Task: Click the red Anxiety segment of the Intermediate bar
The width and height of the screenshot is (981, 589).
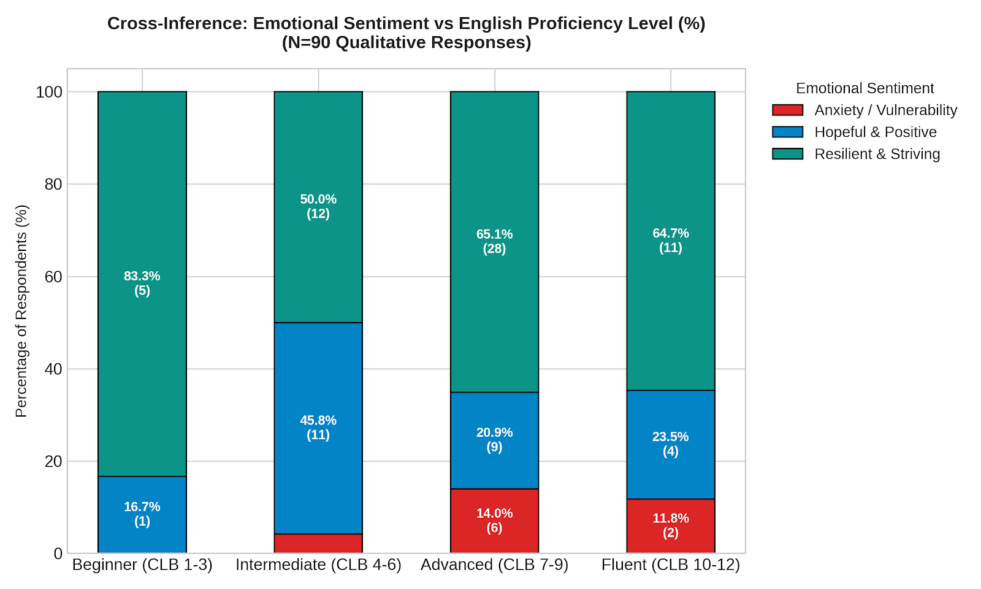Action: [318, 544]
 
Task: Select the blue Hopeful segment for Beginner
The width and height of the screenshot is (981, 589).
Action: [142, 515]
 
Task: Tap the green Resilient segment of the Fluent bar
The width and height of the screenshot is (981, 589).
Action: [671, 241]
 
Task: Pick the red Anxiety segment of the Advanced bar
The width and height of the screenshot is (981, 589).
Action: [494, 521]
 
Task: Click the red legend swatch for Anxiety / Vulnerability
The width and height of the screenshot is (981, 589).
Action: [787, 110]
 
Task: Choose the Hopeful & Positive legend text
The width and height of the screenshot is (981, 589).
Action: [876, 132]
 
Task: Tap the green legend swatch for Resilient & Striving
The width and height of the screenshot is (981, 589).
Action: [787, 154]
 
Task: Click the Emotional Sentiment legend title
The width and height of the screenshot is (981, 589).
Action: [865, 88]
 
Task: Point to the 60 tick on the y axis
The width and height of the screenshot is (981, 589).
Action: [53, 277]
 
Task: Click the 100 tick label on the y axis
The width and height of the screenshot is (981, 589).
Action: [49, 92]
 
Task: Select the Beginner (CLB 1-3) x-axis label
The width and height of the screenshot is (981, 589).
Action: [142, 565]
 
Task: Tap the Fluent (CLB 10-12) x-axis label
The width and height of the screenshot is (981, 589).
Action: [671, 565]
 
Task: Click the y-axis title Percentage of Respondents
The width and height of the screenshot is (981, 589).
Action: [21, 311]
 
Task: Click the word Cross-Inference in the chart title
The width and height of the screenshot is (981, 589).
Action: [178, 23]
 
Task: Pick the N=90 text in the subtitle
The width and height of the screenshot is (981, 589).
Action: [310, 42]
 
